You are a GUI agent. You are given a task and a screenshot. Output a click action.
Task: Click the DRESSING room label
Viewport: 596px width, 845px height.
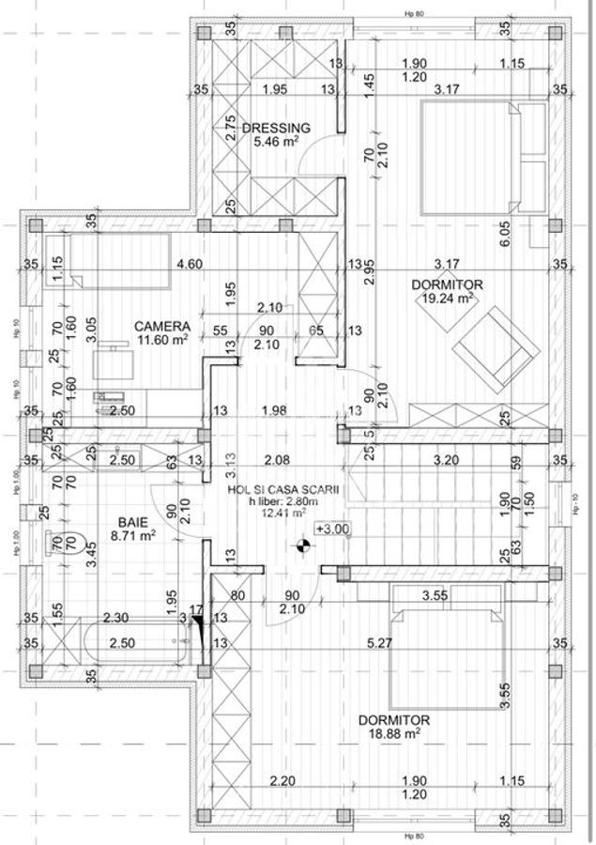276,128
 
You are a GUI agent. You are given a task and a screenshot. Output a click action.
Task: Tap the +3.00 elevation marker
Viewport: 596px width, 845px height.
332,529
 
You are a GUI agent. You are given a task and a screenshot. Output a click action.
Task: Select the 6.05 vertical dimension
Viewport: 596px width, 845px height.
531,233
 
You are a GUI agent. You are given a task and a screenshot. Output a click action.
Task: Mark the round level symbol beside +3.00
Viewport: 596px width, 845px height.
302,543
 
